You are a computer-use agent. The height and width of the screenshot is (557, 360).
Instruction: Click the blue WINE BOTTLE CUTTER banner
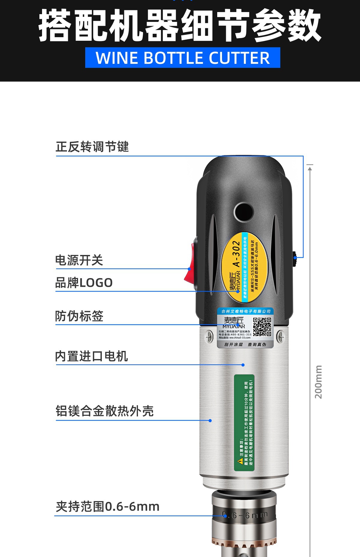[x=182, y=58]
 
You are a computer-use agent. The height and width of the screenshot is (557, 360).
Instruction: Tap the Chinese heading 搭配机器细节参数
[x=180, y=25]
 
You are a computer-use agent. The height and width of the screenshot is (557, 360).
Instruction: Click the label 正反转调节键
[x=92, y=147]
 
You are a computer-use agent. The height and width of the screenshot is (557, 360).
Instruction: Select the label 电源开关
[x=79, y=260]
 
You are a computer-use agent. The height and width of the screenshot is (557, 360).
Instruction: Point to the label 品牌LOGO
[x=84, y=283]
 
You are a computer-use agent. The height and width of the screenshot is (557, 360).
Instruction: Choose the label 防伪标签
[x=79, y=316]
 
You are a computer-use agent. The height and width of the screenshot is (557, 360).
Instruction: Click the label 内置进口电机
[x=91, y=356]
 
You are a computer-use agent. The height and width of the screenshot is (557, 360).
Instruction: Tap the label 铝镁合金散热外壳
[x=104, y=411]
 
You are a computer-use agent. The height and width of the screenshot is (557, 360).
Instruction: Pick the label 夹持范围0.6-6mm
[x=107, y=507]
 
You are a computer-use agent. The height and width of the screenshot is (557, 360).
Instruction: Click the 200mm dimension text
[x=318, y=382]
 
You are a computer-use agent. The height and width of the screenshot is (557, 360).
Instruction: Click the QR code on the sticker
[x=262, y=327]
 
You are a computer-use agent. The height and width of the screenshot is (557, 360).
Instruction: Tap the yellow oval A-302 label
[x=244, y=266]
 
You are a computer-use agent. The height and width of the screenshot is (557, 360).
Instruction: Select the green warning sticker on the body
[x=244, y=423]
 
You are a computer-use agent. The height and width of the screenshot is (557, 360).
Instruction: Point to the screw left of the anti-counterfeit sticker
[x=209, y=337]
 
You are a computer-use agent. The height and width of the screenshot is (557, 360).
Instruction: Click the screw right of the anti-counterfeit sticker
[x=280, y=337]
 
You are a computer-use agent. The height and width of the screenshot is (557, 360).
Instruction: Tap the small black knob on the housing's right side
[x=295, y=258]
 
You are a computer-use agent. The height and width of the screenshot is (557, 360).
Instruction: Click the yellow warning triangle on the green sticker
[x=240, y=461]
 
